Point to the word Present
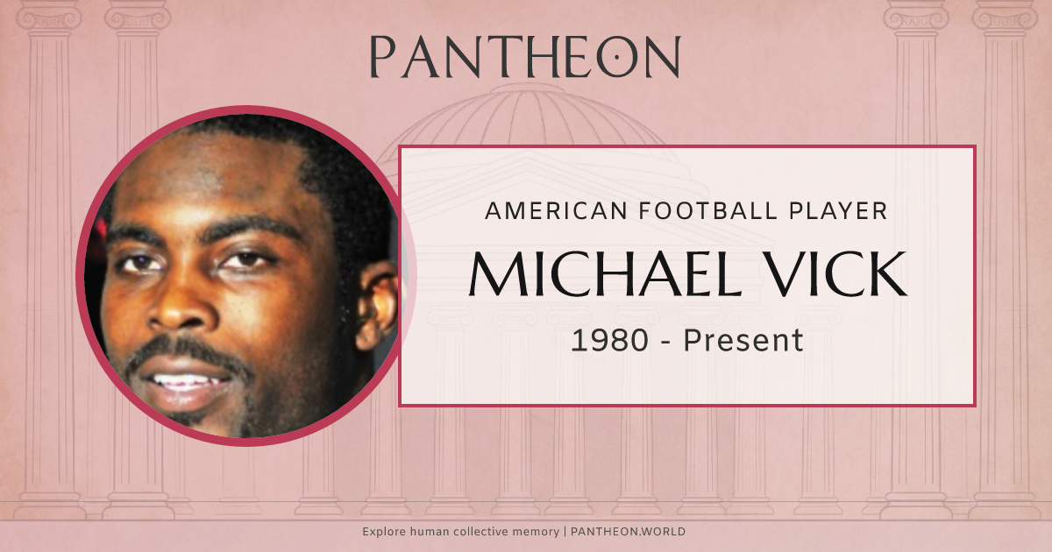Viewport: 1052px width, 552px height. (743, 340)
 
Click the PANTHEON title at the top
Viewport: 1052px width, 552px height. (525, 58)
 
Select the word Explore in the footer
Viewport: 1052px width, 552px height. (384, 532)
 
